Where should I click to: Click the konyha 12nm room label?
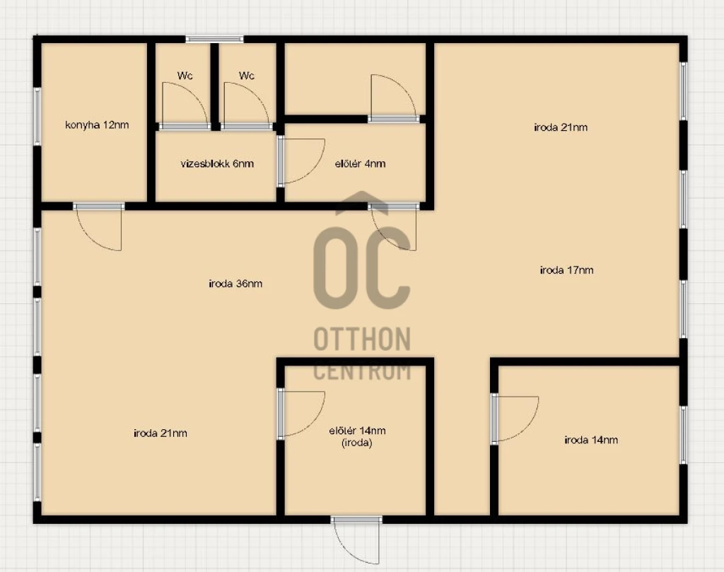pos(97,124)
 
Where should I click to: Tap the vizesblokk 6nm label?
pos(217,163)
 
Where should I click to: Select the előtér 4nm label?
pos(360,163)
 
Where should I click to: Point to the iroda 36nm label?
pos(235,284)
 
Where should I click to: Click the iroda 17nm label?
pos(566,269)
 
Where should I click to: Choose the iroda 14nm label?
pos(591,440)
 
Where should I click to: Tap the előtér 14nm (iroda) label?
pos(357,437)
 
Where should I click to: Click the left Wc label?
pos(185,75)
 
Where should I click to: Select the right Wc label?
pos(247,75)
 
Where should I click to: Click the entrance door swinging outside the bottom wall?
pos(356,540)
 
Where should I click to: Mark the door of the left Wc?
pos(185,106)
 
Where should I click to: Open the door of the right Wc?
pos(246,106)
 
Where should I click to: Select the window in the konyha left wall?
pos(37,117)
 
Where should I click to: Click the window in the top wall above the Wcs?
pos(215,40)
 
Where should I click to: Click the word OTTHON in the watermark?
pos(362,339)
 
